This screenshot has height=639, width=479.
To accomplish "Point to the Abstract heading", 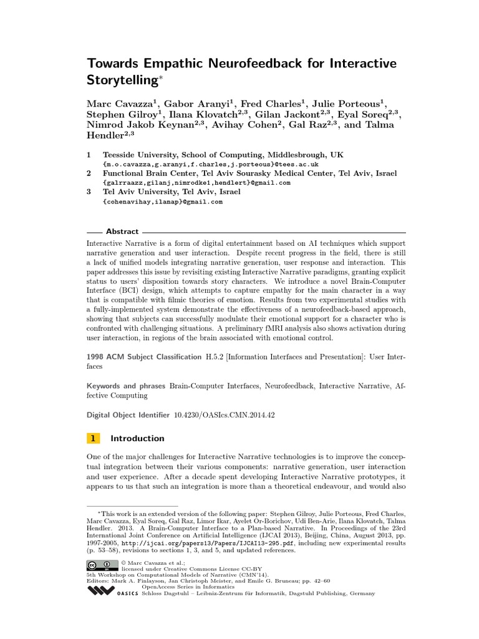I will coord(122,232).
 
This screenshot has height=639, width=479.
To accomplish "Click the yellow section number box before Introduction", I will coord(93,438).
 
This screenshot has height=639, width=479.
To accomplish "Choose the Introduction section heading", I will coord(137,438).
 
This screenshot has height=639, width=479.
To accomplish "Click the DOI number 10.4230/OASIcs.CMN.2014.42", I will coord(224,414).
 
